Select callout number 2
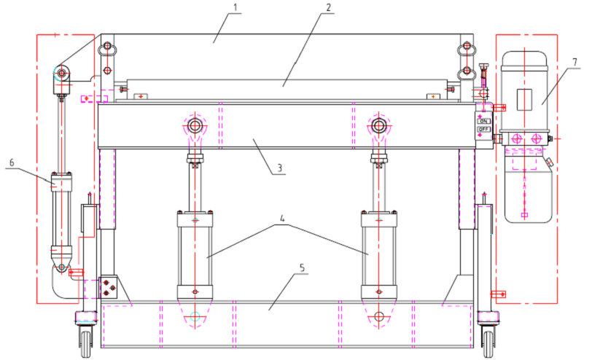(330, 9)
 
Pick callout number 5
(301, 267)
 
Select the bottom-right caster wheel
(487, 340)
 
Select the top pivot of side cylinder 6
(61, 74)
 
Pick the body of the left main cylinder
(195, 251)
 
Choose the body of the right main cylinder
(378, 251)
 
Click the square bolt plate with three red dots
(109, 286)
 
